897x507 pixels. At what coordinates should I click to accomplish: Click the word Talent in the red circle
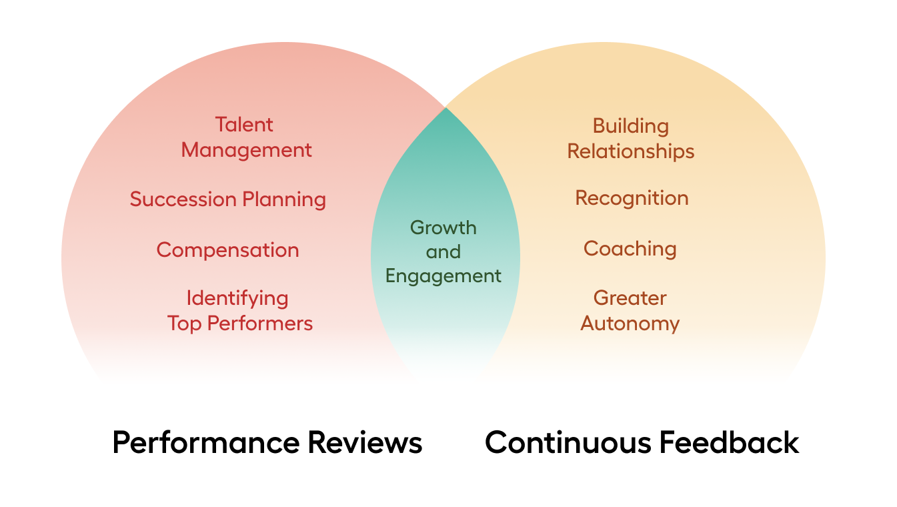[244, 125]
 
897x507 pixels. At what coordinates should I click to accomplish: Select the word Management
[246, 151]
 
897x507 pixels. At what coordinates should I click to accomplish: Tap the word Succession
[183, 199]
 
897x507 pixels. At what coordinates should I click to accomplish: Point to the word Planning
[284, 200]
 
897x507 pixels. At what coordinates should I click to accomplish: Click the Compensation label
[228, 251]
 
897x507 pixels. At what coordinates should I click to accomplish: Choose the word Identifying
[237, 299]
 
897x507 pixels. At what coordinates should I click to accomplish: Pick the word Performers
[260, 324]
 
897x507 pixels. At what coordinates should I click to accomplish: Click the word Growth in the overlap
[443, 227]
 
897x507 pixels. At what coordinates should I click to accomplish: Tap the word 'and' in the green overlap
[443, 252]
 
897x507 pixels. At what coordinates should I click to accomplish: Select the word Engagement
[443, 277]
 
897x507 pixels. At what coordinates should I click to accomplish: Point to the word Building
[631, 127]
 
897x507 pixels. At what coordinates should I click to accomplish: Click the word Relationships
[631, 152]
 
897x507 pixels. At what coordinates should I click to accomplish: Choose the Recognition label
[632, 199]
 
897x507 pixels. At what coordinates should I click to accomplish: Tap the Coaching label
[630, 249]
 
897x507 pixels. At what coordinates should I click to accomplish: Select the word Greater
[630, 298]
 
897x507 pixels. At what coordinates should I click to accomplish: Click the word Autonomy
[630, 324]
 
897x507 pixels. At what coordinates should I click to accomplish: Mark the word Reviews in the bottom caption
[365, 442]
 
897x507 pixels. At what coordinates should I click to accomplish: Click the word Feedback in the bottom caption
[729, 442]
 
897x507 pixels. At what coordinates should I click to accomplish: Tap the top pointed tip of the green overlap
[445, 107]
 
